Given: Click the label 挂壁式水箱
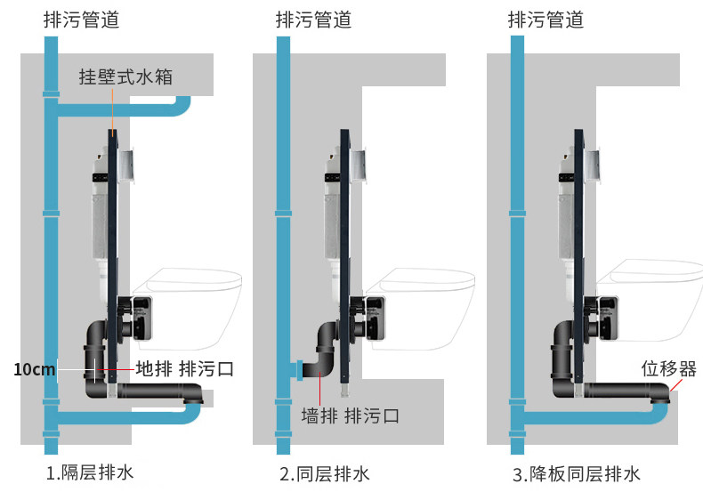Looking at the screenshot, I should pos(125,77).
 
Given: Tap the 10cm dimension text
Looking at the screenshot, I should pos(34,368).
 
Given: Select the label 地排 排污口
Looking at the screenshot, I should pos(184,368).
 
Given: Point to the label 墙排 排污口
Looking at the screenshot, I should pos(349,415).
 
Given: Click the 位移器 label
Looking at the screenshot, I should pos(669,368).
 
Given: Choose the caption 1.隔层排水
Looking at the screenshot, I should pos(90,472).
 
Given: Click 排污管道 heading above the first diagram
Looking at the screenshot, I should pos(81,20).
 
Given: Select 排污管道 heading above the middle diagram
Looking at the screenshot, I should pos(313,20).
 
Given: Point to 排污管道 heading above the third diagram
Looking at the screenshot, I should pos(545,20).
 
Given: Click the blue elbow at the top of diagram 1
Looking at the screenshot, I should pos(182,109).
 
